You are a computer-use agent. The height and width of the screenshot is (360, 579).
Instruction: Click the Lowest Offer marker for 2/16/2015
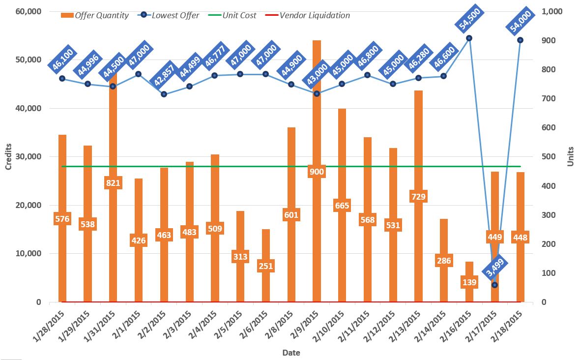469,38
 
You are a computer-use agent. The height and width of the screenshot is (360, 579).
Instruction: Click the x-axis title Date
291,353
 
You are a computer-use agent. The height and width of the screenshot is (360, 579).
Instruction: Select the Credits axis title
8,157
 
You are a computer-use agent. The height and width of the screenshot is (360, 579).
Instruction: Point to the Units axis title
571,157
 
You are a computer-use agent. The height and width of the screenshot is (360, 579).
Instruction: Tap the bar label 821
113,183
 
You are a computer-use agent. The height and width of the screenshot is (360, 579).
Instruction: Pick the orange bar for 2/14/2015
444,236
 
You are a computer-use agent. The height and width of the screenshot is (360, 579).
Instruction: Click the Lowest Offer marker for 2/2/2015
164,94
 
